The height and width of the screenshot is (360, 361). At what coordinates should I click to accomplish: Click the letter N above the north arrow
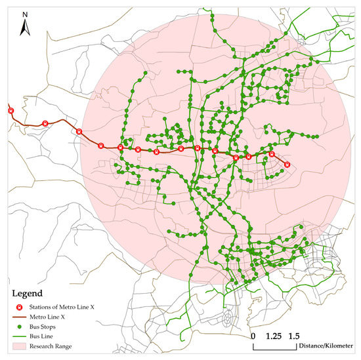point(24,14)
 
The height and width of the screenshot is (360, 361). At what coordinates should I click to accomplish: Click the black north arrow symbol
point(24,27)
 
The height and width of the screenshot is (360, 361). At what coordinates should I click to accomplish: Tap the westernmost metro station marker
point(11,111)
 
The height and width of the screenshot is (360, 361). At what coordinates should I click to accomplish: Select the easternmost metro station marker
point(287,165)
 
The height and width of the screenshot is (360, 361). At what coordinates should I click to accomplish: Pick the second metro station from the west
point(45,123)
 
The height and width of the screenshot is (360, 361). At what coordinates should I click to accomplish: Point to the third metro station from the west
point(79,131)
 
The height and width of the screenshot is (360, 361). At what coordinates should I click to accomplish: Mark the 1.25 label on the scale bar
point(274,336)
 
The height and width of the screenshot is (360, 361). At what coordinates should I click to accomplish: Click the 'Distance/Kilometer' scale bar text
point(326,346)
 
